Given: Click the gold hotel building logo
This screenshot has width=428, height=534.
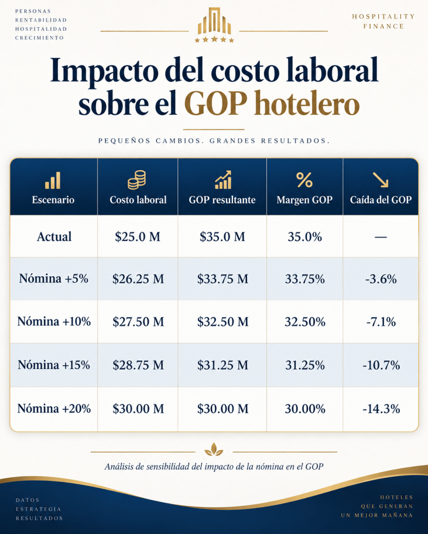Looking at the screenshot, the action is (x=214, y=25).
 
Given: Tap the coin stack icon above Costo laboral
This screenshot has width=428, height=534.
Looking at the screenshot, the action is (x=137, y=180).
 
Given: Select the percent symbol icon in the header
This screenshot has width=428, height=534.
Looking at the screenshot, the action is (x=304, y=180).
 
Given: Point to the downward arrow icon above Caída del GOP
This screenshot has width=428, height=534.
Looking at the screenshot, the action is (x=380, y=180).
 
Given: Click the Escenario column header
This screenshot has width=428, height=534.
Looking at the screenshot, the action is (x=53, y=199).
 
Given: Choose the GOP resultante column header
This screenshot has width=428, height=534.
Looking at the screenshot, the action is (x=222, y=199).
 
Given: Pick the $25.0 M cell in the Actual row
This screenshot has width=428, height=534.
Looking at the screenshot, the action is (x=137, y=236).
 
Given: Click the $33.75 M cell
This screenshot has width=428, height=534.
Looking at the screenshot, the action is (x=223, y=279).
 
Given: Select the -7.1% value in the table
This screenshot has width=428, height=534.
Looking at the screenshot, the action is (x=381, y=322).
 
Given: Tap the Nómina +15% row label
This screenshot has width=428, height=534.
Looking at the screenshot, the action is (x=54, y=365).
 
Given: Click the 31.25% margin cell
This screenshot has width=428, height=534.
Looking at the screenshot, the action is (x=305, y=365).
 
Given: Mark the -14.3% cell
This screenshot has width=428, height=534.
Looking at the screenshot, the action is (x=381, y=409).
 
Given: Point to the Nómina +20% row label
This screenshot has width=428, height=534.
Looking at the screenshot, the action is (x=54, y=408).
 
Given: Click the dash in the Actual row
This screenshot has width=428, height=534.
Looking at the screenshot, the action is (x=380, y=236).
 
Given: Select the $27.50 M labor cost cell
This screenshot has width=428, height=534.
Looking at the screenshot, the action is (x=138, y=322).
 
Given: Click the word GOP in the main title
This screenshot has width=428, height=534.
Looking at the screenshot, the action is (x=215, y=103).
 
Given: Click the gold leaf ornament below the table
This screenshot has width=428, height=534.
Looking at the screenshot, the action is (x=214, y=449).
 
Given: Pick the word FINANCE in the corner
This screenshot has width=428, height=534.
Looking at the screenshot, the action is (x=384, y=26).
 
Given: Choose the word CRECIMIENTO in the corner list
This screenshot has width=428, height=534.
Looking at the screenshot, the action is (x=40, y=38).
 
